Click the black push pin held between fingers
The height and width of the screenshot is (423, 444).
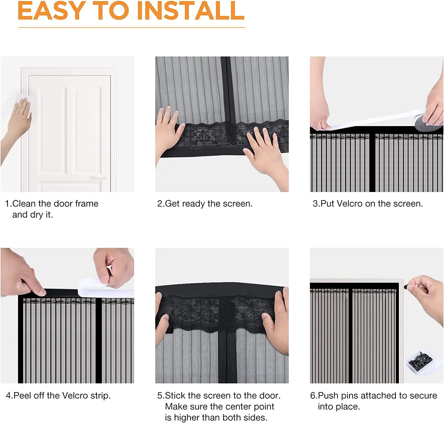click(x=406, y=287)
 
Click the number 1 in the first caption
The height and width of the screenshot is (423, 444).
click(x=7, y=204)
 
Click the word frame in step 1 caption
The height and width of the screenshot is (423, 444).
click(x=87, y=204)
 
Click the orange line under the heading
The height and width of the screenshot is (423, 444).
click(x=132, y=27)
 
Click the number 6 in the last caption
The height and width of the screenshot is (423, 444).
click(x=313, y=395)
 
